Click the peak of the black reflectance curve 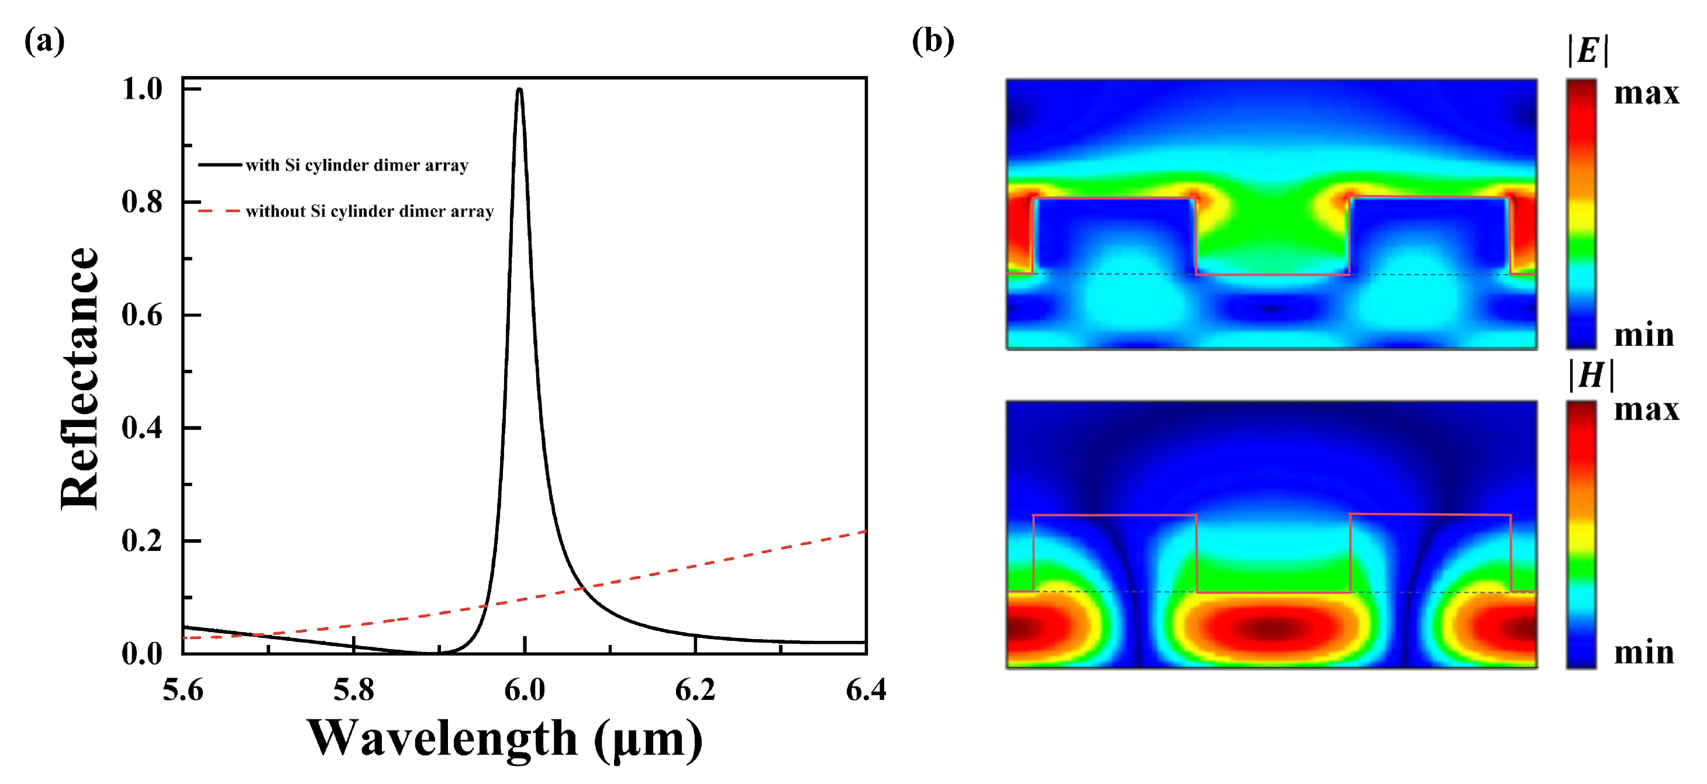(x=519, y=89)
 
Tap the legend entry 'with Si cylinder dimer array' (x=357, y=165)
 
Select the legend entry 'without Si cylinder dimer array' (x=369, y=211)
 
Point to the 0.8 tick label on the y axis (x=142, y=202)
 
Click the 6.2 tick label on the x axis (x=695, y=691)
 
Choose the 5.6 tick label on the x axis (x=183, y=691)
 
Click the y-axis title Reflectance (x=80, y=379)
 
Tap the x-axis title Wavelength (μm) (x=504, y=738)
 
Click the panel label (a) (x=44, y=41)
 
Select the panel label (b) (x=933, y=41)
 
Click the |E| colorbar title (x=1588, y=50)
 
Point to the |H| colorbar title (x=1591, y=376)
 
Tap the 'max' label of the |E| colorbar (x=1646, y=93)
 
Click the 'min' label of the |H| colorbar (x=1643, y=652)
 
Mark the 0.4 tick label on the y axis (x=142, y=428)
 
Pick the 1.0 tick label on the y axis (x=142, y=89)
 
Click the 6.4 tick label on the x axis (x=865, y=691)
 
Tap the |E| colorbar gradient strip (x=1581, y=213)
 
